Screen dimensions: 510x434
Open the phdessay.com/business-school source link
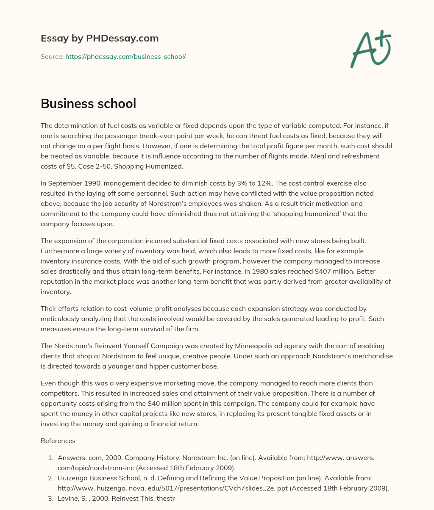[125, 56]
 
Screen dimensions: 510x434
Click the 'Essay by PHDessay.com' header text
[100, 38]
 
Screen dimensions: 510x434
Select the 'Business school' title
[88, 103]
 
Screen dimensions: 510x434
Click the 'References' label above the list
[58, 441]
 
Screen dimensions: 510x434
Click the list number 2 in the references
[50, 478]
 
